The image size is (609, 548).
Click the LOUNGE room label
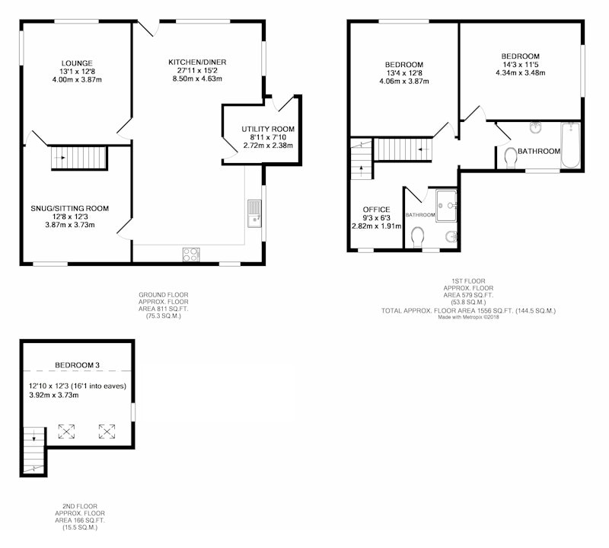(x=77, y=63)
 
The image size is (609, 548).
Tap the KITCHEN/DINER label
(x=197, y=62)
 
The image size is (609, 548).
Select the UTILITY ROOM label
(x=268, y=129)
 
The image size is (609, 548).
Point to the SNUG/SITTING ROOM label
(x=70, y=208)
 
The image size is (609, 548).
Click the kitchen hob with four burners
(x=192, y=255)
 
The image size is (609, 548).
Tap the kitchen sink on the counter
(x=254, y=213)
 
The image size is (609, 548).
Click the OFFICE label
(x=376, y=210)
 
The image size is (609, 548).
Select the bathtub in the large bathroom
(x=570, y=145)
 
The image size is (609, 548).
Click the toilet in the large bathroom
(x=510, y=159)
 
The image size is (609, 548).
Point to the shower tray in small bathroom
(x=446, y=205)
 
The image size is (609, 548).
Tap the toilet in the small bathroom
(x=417, y=237)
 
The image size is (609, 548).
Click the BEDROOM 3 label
(x=78, y=365)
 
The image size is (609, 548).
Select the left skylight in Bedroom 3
(x=66, y=431)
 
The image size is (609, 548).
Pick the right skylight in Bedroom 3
(x=107, y=431)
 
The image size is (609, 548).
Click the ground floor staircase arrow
(x=61, y=158)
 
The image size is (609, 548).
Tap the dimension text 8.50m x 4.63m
(x=197, y=79)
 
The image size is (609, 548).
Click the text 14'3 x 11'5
(x=520, y=64)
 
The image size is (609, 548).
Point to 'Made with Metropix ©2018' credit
(x=468, y=317)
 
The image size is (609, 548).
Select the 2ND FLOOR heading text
(x=80, y=506)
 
